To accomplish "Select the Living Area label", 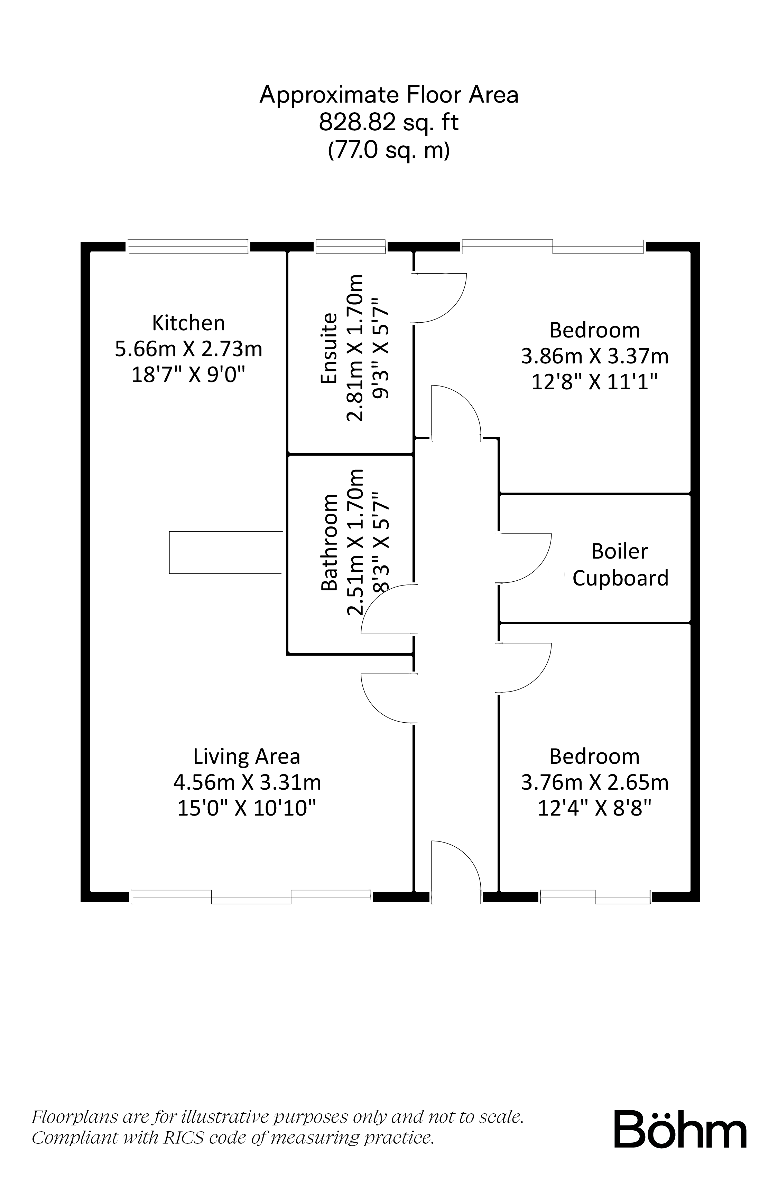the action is tap(247, 756).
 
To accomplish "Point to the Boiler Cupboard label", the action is tap(620, 565).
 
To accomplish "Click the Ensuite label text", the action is tap(329, 348).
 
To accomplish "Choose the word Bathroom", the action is tap(329, 543).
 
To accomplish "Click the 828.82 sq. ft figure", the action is tap(389, 122).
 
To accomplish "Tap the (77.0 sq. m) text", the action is tap(389, 150).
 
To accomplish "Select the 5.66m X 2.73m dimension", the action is tap(188, 349).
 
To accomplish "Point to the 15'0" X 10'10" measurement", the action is tap(247, 809).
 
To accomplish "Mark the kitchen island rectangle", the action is tap(226, 552).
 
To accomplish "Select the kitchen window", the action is tap(188, 246).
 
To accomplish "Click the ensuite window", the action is tap(350, 246).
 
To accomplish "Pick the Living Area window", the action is tap(251, 897).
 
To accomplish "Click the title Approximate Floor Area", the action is tap(389, 94).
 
